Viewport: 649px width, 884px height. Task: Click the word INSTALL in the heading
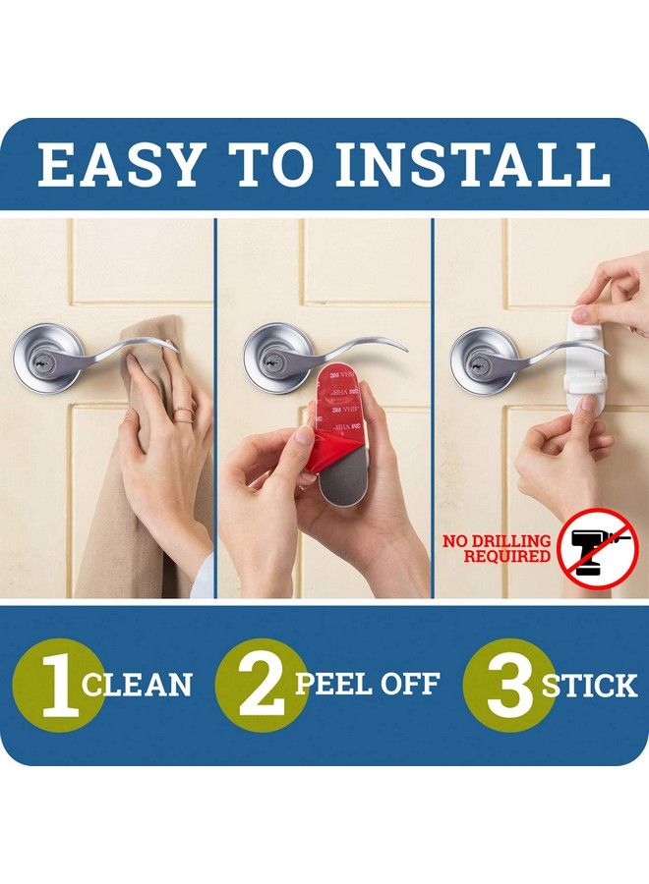coord(473,164)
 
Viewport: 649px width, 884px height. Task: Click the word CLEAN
coord(138,684)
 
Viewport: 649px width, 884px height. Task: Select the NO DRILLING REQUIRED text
coord(497,548)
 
